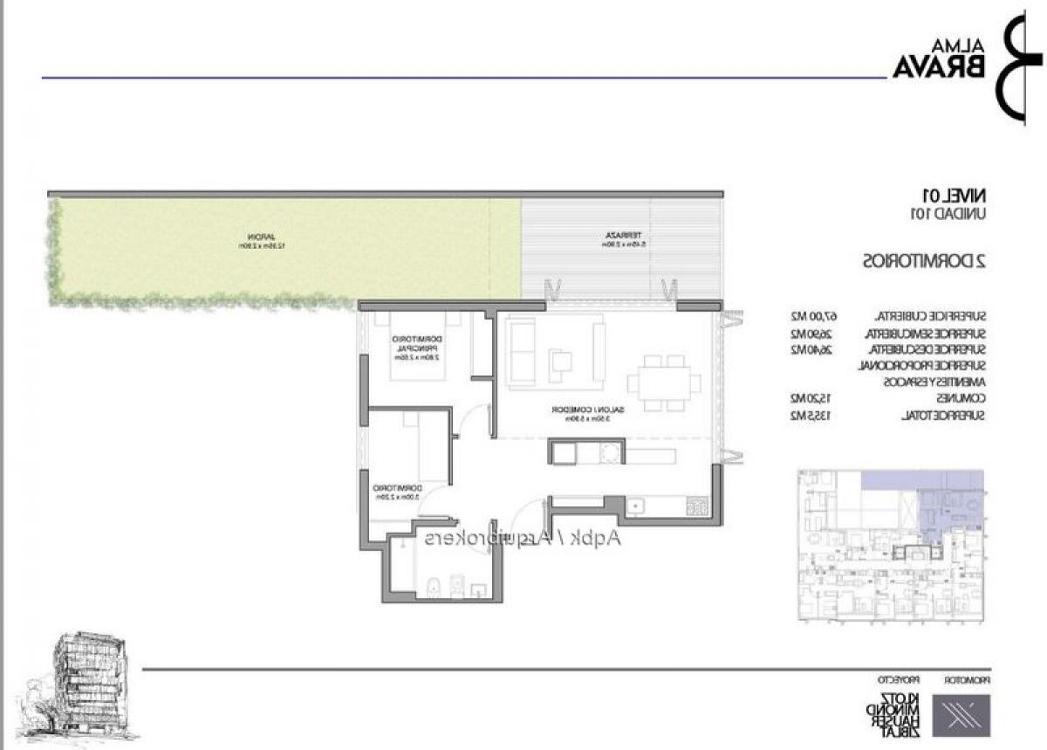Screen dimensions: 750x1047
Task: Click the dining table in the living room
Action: (x=663, y=382)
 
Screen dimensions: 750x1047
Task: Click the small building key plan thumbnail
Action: (x=891, y=545)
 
